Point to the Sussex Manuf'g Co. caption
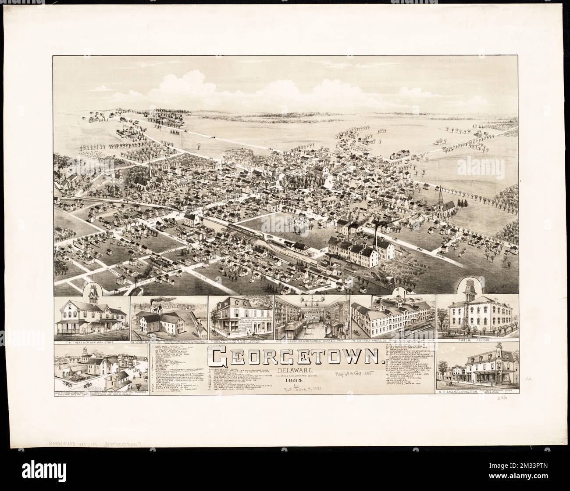pyautogui.click(x=149, y=341)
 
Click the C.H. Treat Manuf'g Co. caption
pyautogui.click(x=377, y=341)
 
